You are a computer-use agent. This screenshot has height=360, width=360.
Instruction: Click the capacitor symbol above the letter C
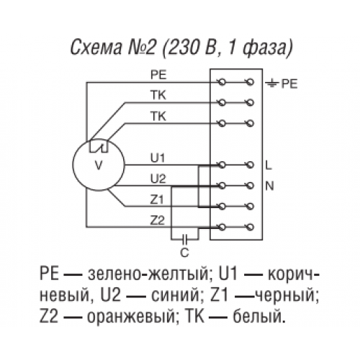pyautogui.click(x=185, y=239)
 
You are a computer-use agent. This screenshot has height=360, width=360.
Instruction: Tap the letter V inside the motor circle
pyautogui.click(x=99, y=165)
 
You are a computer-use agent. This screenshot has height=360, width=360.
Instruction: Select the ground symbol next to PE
pyautogui.click(x=271, y=84)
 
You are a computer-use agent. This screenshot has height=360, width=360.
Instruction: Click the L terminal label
pyautogui.click(x=269, y=166)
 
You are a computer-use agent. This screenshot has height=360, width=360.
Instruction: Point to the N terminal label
pyautogui.click(x=269, y=186)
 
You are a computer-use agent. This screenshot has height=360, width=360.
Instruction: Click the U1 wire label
pyautogui.click(x=158, y=158)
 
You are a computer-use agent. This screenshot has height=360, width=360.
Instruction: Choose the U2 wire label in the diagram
pyautogui.click(x=158, y=179)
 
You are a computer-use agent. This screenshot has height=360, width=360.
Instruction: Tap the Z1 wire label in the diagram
pyautogui.click(x=157, y=199)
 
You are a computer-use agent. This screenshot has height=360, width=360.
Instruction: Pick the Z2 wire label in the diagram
pyautogui.click(x=158, y=220)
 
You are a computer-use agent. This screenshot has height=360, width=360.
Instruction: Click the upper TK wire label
pyautogui.click(x=158, y=96)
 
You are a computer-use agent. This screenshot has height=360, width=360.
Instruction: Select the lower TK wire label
pyautogui.click(x=158, y=117)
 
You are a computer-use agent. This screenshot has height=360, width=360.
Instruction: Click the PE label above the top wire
pyautogui.click(x=158, y=75)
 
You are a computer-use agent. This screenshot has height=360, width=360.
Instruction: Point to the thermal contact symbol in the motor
pyautogui.click(x=99, y=147)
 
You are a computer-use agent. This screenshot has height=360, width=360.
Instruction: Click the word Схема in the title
pyautogui.click(x=96, y=48)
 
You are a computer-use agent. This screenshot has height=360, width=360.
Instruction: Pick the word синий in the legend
pyautogui.click(x=175, y=295)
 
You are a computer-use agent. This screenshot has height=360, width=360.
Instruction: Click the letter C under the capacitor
pyautogui.click(x=184, y=253)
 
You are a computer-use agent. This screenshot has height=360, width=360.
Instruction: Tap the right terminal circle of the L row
pyautogui.click(x=251, y=165)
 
